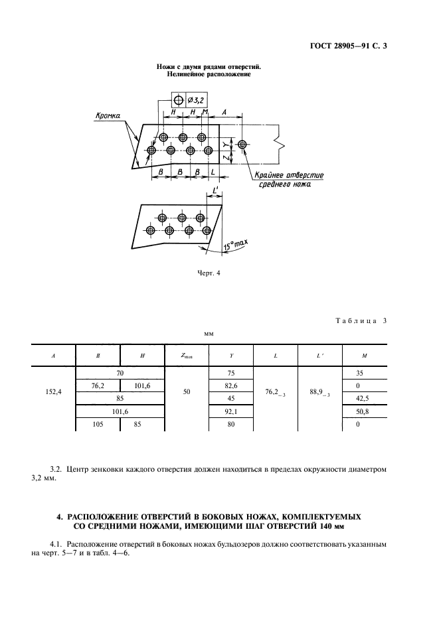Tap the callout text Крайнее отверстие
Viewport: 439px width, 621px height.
tap(290, 175)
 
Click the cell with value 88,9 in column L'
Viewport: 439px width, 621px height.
tap(321, 393)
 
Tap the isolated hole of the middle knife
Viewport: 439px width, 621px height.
tap(243, 144)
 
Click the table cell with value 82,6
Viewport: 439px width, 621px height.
tap(232, 385)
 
